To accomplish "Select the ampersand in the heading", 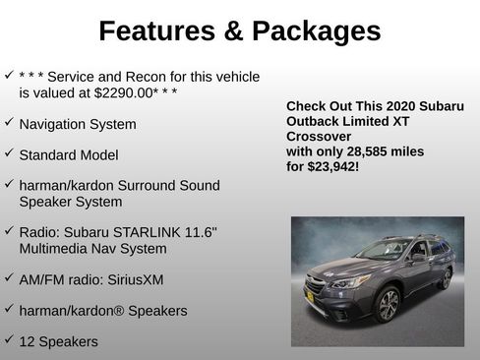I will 232,31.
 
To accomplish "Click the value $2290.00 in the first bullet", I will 127,92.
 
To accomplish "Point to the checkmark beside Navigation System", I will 9,123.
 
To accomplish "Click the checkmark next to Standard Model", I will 9,153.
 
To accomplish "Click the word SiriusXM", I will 134,279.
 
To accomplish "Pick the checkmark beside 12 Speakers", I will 9,340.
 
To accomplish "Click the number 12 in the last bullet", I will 28,341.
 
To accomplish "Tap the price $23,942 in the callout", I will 332,167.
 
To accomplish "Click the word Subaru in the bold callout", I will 432,105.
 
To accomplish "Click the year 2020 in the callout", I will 405,105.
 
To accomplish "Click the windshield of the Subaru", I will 384,250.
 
